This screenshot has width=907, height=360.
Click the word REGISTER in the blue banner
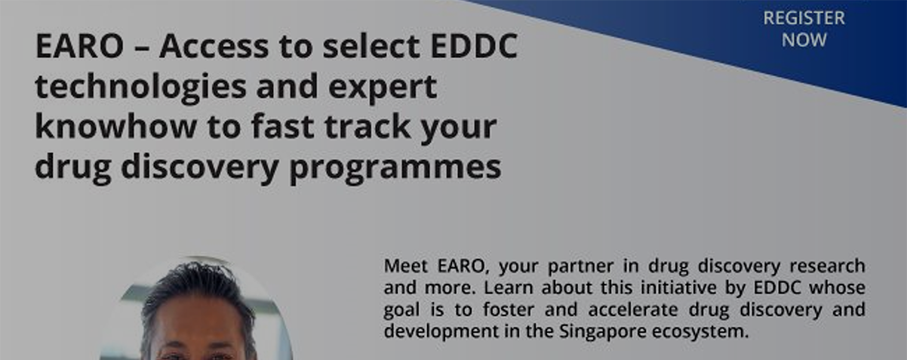click(804, 18)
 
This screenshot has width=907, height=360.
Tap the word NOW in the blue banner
click(804, 40)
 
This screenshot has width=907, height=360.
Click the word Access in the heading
click(214, 46)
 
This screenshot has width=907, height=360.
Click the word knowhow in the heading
click(115, 126)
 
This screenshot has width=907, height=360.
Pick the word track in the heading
click(367, 126)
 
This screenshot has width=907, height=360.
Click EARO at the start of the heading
click(79, 46)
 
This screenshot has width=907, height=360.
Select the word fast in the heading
click(283, 126)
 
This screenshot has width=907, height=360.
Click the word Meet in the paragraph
click(406, 266)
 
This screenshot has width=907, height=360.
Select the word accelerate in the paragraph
click(633, 309)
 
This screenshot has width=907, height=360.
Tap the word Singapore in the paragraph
click(603, 332)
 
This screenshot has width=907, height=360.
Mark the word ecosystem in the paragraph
click(700, 332)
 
